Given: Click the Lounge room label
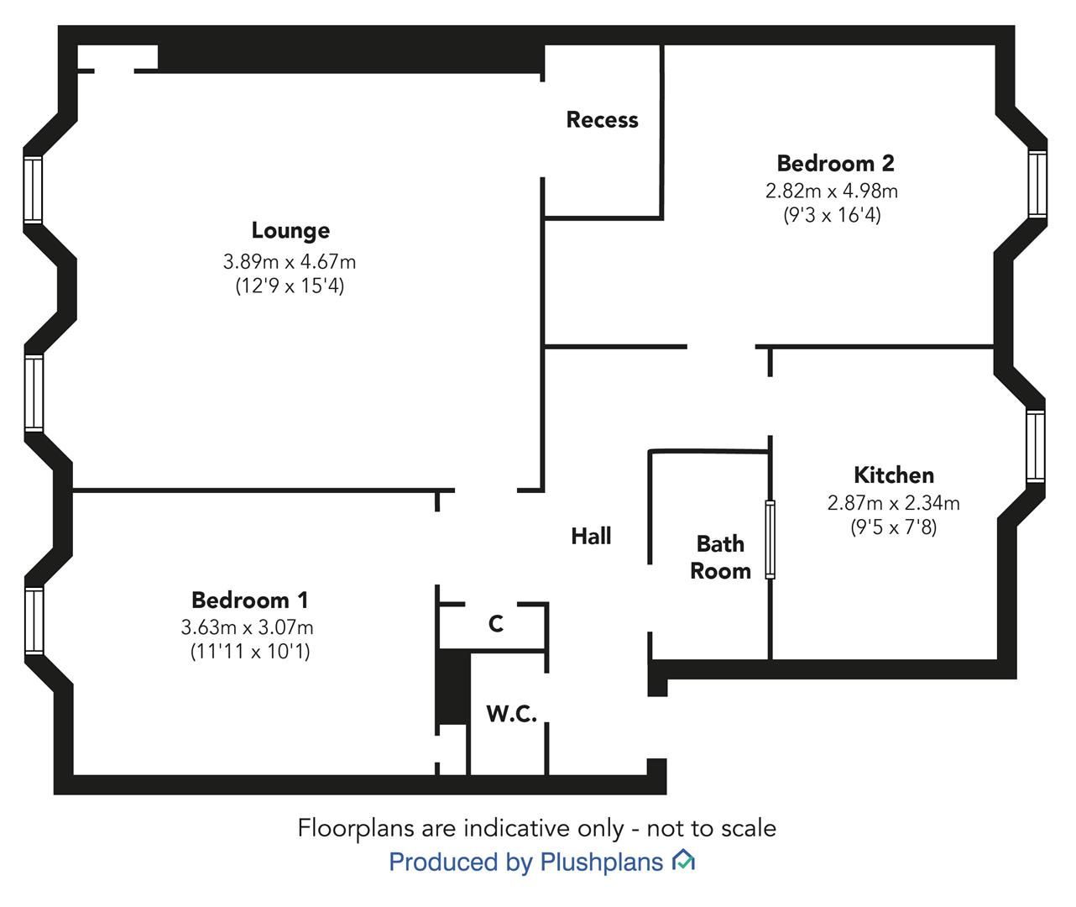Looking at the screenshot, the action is (290, 230).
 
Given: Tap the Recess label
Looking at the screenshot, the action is (602, 119).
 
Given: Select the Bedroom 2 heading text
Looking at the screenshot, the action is (835, 164).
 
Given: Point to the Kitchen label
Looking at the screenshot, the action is (894, 474).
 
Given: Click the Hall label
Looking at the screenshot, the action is (591, 536).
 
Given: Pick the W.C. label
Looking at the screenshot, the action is (512, 714).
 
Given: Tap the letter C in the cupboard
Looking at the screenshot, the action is (496, 624).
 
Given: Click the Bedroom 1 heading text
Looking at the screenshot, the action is (250, 600).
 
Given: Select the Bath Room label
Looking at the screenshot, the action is (720, 557).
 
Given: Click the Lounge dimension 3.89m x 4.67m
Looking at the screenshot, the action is (290, 262).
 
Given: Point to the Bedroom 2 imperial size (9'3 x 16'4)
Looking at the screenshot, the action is (832, 214).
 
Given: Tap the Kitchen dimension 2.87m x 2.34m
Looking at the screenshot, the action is (894, 503).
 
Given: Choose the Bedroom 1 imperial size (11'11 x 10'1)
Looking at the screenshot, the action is (250, 651).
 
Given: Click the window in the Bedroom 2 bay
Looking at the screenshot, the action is (1037, 184).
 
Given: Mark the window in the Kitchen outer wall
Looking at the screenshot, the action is (1035, 447).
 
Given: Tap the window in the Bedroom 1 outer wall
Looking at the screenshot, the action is (34, 621).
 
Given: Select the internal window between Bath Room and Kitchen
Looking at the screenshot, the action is (770, 539).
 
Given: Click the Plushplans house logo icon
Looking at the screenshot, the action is (683, 860).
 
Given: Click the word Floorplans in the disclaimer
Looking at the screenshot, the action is (357, 829).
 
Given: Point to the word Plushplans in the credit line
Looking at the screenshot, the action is (602, 862).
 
